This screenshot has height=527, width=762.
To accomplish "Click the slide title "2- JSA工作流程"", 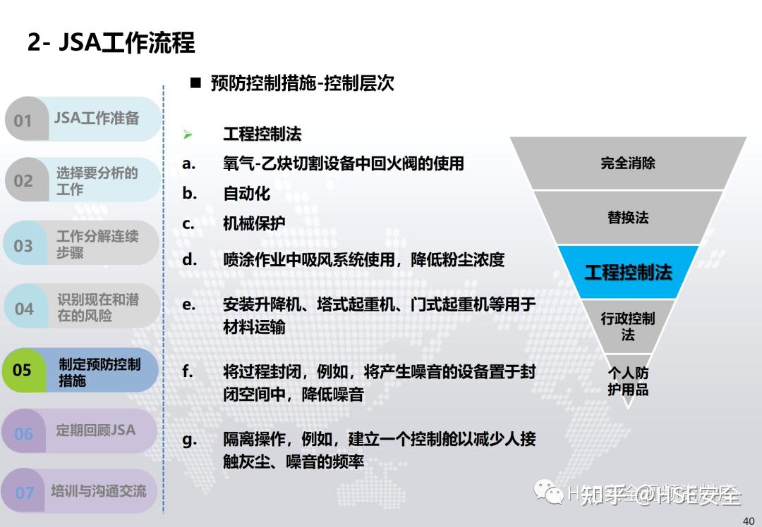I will coord(111,42).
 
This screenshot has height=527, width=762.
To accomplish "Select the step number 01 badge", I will coord(23,120).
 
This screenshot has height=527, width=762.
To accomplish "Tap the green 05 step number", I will coord(23,370).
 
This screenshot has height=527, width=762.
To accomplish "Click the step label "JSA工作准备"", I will coord(97,118).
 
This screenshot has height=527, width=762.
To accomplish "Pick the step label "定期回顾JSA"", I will coord(95,430).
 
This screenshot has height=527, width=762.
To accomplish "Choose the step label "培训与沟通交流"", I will coord(98,490).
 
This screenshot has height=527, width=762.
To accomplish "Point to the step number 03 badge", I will coord(23,245).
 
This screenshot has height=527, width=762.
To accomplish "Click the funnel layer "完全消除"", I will coord(628,163).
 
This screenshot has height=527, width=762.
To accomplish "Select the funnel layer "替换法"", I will coord(628,218).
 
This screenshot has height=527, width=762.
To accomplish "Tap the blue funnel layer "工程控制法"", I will coord(628,272).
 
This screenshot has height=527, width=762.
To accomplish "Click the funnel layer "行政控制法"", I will coord(628,326).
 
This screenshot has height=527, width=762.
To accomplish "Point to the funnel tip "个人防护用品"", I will coord(628,380).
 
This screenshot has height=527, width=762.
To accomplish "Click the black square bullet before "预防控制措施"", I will coord(195,83).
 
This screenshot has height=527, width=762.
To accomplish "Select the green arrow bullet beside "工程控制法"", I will coord(188,134).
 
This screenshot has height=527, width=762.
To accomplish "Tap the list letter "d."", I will coord(189,259).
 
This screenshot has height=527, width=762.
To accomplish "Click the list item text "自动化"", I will coord(247,194).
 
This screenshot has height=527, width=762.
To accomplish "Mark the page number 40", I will coord(749,521).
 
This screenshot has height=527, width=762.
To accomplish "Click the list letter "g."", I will coord(189,440).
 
